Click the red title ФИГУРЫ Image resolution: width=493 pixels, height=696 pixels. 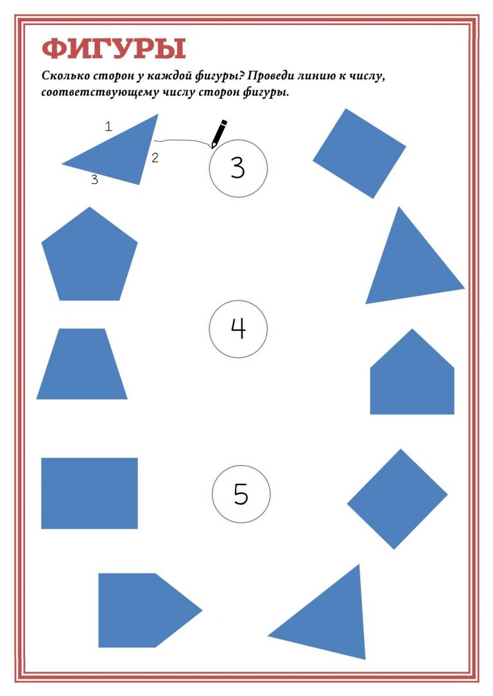(x=114, y=48)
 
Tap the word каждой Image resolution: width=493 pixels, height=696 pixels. (x=171, y=76)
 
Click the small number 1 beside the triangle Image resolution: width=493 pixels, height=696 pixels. (x=108, y=126)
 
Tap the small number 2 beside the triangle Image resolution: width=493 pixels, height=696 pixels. (x=155, y=158)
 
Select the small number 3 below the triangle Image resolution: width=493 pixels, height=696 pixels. (x=94, y=180)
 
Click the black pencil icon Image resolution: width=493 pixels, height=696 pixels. (x=219, y=133)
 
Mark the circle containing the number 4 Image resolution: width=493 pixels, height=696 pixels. (x=238, y=300)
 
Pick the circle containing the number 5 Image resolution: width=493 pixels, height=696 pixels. (x=241, y=466)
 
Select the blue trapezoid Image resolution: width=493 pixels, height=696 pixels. (x=82, y=364)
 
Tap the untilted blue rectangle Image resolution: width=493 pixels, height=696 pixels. (x=89, y=493)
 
